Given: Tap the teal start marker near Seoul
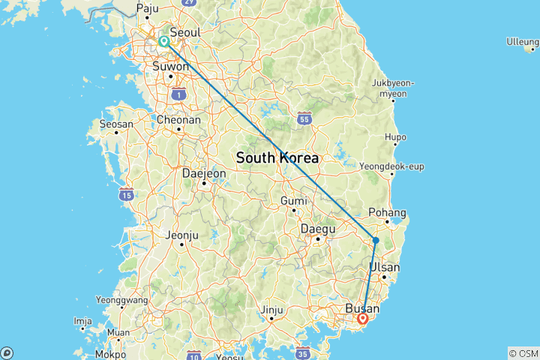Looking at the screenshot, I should coord(163,42).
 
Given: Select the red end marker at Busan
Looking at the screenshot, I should coord(363,319).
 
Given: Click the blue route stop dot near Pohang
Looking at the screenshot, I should coord(376,241).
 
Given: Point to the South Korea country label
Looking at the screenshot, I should coord(277,158).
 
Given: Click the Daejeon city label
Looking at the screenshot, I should coord(204,173).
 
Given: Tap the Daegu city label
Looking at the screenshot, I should coord(316,229).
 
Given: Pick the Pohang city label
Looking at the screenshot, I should coord(388,213).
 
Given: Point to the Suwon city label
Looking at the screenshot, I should coord(171,66).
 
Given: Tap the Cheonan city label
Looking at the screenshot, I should coord(178,119).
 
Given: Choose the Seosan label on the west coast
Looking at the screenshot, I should coord(116,124).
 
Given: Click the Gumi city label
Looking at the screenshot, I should coord(293,201).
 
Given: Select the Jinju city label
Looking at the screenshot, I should coord(271,309).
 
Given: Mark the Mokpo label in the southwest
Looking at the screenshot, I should coord(112,353).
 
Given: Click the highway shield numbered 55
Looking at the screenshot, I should coord(304,118).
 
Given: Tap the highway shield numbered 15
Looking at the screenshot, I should coord(127,194).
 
